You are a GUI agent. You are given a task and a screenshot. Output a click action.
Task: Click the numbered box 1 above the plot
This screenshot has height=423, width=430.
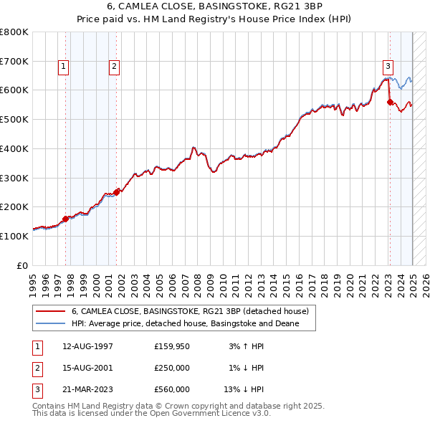[x=63, y=67]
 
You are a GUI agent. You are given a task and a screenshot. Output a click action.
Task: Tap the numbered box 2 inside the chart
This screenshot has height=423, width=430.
[x=114, y=67]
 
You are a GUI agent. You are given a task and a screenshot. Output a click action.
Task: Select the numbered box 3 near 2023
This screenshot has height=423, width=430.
[x=388, y=67]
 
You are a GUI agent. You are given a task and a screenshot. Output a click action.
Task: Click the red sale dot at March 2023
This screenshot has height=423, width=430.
[x=390, y=102]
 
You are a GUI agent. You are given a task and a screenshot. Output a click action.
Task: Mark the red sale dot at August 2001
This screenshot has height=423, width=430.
[x=117, y=191]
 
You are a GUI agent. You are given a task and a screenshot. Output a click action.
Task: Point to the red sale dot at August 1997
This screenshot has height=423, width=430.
[x=65, y=218]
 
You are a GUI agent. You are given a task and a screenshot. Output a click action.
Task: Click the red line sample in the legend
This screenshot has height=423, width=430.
[x=50, y=311]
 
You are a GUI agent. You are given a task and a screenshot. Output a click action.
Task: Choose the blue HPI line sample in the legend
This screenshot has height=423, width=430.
[x=50, y=324]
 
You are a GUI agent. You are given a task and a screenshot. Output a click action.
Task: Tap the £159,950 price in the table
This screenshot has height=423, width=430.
[x=172, y=346]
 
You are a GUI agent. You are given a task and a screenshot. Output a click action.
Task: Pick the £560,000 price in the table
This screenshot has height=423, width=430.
[x=172, y=389]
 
